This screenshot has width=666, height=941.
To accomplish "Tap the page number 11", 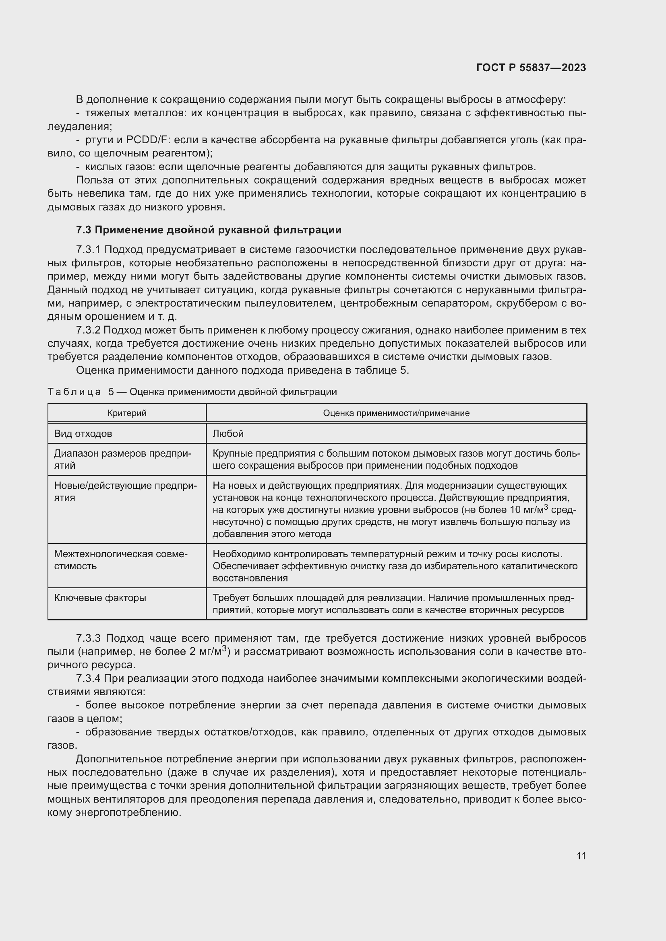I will coord(581,856).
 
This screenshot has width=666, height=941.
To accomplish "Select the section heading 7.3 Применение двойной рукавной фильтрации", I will coord(208,230).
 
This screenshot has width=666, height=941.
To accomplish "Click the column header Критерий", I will coord(127,413).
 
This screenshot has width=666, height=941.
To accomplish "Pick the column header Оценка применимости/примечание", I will coord(396,413).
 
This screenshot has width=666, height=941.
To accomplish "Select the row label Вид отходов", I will coord(83,434).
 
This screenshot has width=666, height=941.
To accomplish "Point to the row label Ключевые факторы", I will coord(100,598).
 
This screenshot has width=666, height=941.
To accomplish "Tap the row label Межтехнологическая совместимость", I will coord(120,560).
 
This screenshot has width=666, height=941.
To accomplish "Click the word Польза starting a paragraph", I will coord(91,180).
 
